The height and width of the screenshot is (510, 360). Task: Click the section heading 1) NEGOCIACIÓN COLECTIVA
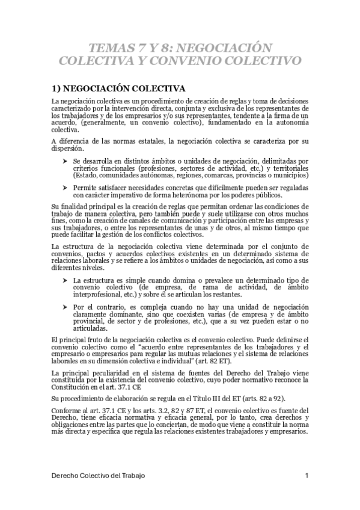pos(117,88)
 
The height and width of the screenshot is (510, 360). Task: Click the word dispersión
pos(68,149)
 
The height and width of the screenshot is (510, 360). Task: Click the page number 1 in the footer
pos(307,476)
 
